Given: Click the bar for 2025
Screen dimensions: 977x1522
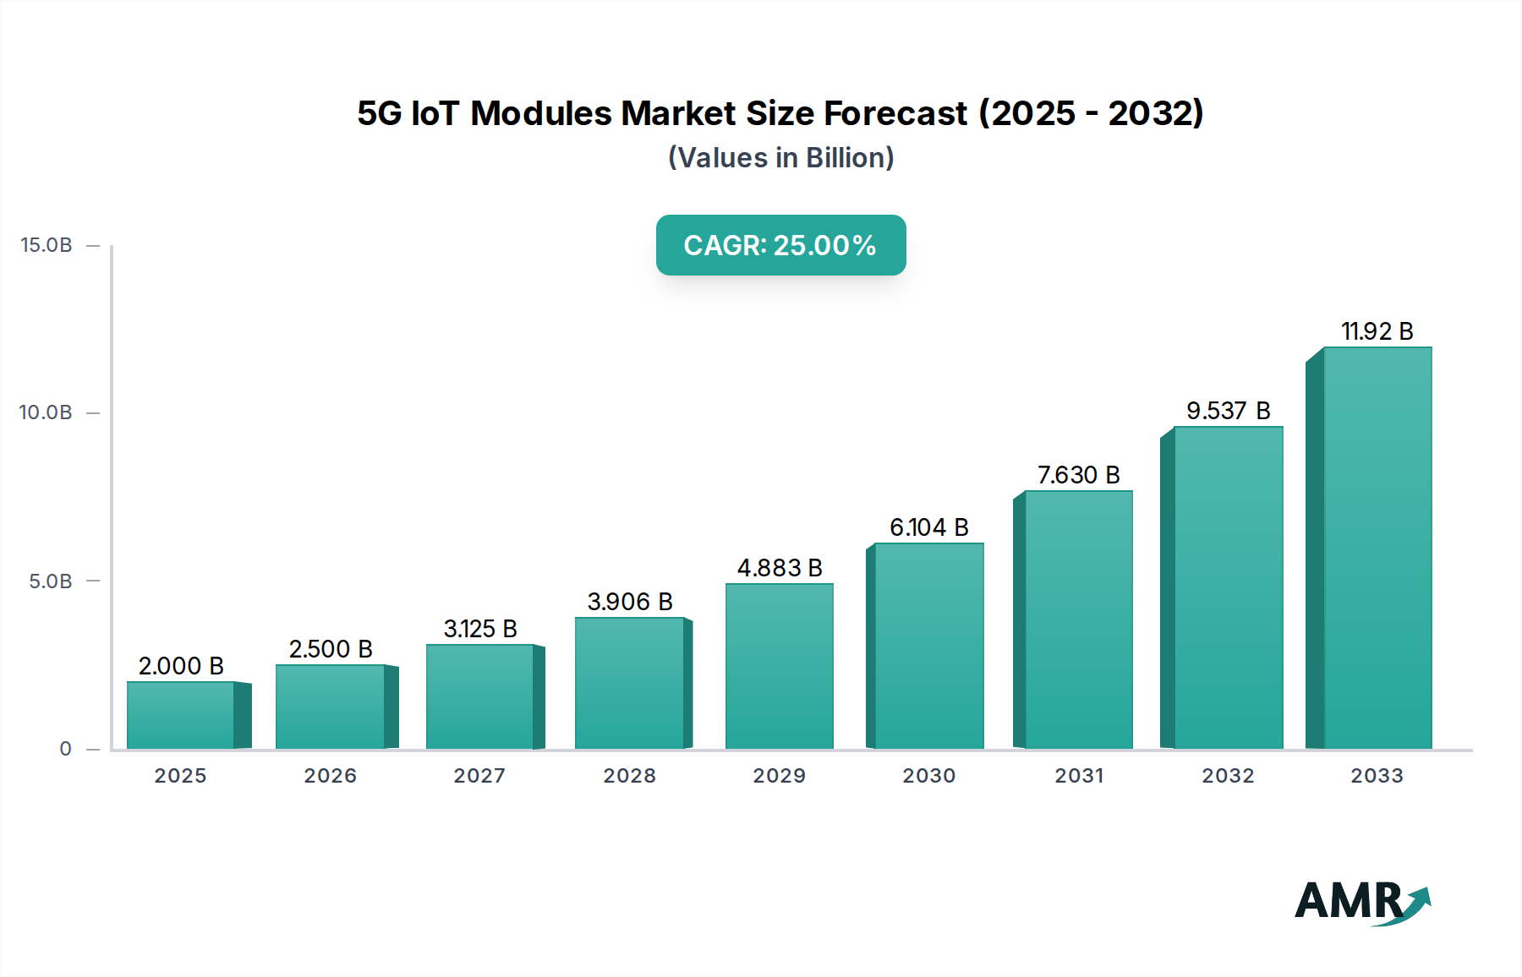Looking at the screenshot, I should click(x=181, y=715).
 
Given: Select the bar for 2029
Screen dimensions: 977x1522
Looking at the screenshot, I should click(x=779, y=666).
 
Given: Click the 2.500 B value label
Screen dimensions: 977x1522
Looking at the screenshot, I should click(x=331, y=649).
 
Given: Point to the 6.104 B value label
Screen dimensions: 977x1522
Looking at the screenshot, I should click(x=928, y=527).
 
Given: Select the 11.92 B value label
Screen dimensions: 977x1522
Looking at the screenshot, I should click(x=1377, y=331).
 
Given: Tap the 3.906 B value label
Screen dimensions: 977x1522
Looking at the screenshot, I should click(x=630, y=602).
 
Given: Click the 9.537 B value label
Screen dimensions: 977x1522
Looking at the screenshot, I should click(x=1228, y=411).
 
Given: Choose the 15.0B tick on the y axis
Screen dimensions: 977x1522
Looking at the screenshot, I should click(x=47, y=245).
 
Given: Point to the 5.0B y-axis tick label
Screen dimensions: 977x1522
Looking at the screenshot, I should click(x=51, y=581).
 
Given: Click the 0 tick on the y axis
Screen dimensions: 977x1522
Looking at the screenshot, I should click(x=65, y=749).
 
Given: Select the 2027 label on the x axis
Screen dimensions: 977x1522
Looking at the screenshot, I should click(x=479, y=776).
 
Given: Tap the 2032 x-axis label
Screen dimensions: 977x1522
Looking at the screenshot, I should click(x=1228, y=776).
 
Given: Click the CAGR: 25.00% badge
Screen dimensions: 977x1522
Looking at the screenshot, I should click(x=780, y=245).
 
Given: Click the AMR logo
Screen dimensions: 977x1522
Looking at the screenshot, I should click(x=1362, y=902).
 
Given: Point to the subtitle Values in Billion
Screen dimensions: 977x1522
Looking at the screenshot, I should click(x=780, y=158).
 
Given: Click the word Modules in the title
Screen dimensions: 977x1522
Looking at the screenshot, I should click(x=541, y=113).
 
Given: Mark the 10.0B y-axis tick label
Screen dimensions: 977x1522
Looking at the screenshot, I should click(x=47, y=412).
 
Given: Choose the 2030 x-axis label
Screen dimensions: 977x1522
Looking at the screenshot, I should click(x=928, y=776).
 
